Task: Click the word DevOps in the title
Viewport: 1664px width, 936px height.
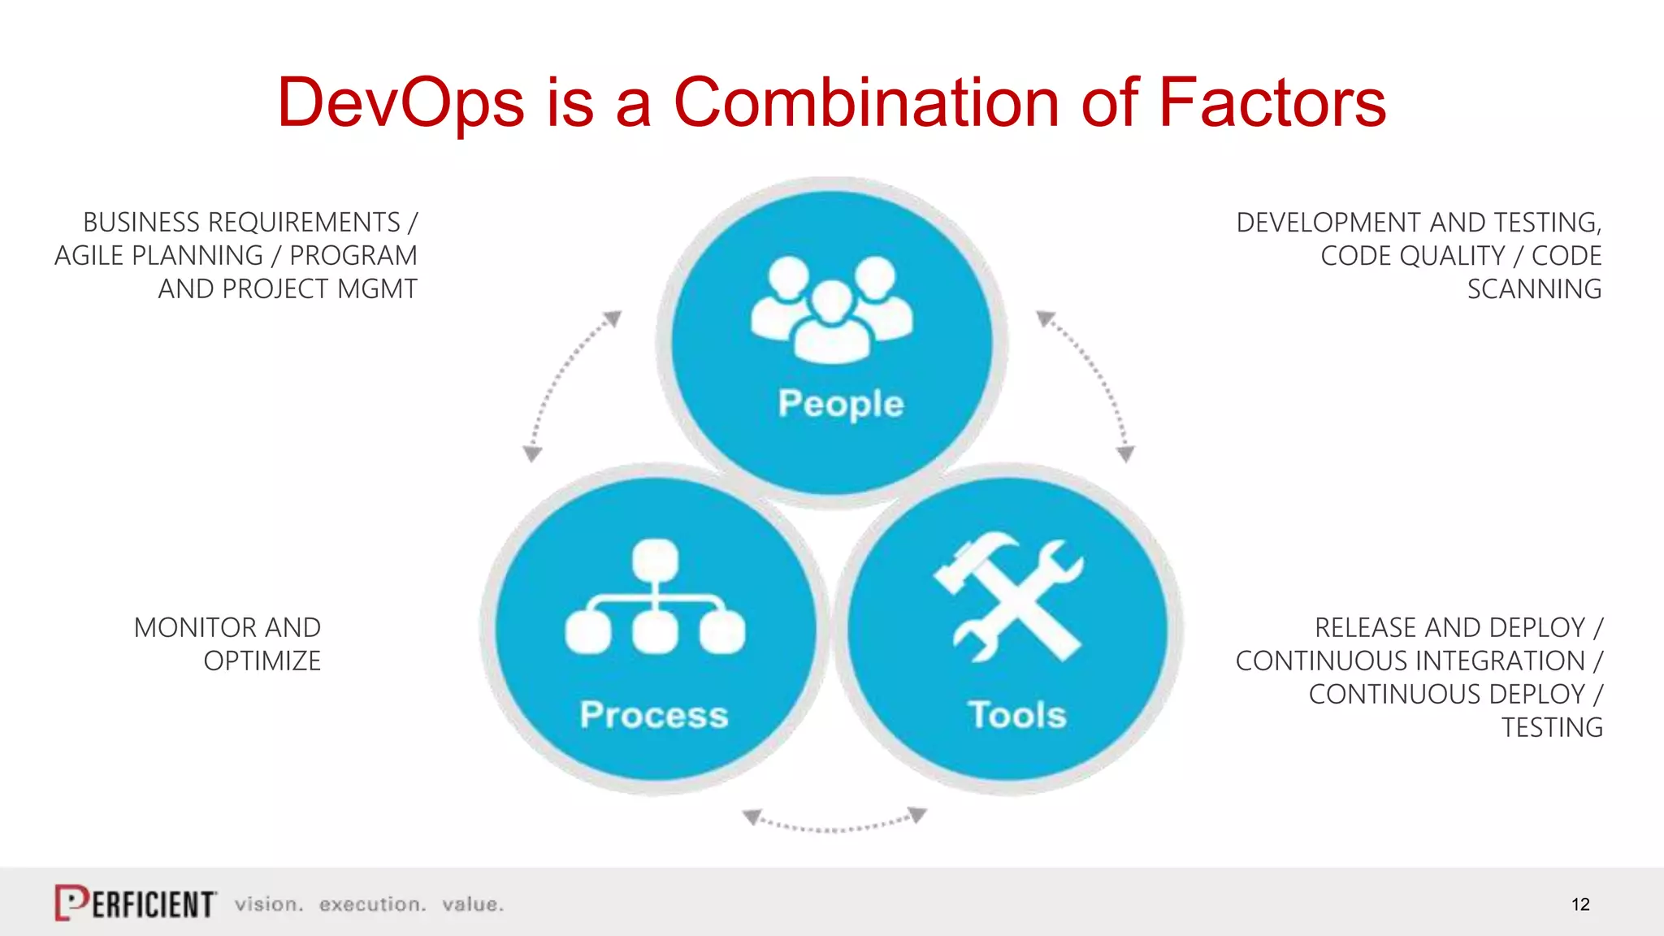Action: coord(401,103)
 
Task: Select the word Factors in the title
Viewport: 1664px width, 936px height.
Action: coord(1272,103)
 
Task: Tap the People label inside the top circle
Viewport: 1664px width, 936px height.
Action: coord(840,403)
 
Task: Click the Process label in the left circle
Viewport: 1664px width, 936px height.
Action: coord(654,715)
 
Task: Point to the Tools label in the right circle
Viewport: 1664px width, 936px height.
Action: coord(1016,715)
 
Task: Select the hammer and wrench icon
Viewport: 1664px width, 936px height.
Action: coord(1007,599)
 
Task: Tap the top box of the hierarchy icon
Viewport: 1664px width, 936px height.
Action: coord(655,559)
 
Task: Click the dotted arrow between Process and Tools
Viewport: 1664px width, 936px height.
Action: coord(834,822)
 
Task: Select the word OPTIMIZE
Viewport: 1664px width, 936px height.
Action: coord(262,661)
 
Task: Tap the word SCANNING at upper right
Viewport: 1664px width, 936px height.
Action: coord(1534,289)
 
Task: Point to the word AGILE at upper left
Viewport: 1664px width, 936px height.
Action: coord(89,256)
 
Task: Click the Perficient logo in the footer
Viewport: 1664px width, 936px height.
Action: coord(136,903)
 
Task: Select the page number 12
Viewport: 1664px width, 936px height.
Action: coord(1580,904)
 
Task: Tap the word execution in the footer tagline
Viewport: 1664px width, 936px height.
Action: coord(372,904)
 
